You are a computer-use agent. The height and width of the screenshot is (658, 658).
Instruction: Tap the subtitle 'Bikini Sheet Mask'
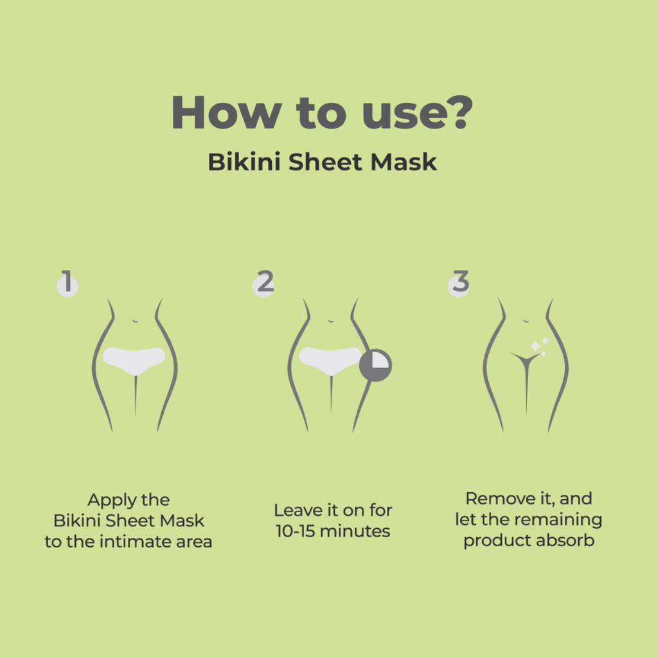pos(322,162)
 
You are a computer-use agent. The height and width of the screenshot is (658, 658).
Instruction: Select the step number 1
pos(67,283)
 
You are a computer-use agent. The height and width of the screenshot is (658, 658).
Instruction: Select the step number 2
pos(264,283)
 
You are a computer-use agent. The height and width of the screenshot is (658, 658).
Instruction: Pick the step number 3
pos(459,283)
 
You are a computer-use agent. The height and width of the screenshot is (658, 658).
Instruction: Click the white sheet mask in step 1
pos(134,359)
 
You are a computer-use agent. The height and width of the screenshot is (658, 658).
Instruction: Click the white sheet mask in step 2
pos(330,359)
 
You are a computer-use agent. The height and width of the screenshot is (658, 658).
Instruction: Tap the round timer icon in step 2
pos(375,365)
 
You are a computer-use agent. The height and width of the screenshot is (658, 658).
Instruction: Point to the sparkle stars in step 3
pos(538,346)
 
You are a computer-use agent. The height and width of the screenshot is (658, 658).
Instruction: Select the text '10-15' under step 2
pos(295,531)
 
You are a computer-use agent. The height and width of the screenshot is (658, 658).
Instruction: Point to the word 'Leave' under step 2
pos(296,510)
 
